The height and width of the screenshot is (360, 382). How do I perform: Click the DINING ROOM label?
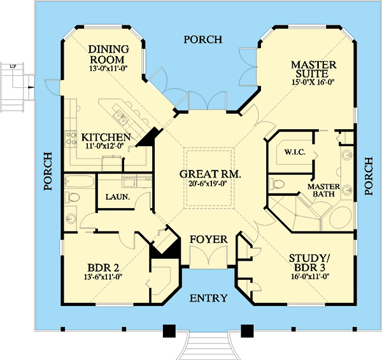tap(108, 54)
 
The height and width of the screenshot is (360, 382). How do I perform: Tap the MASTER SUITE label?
tap(313, 69)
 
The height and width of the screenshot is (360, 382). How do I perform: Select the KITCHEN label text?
tap(106, 137)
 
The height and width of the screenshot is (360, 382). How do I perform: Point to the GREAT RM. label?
tap(210, 174)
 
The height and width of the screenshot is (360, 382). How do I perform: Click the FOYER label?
tap(209, 240)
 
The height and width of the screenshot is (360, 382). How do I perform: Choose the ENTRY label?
tap(209, 298)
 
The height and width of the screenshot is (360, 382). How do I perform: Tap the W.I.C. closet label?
tap(295, 153)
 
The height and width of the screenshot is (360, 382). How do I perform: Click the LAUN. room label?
tap(118, 197)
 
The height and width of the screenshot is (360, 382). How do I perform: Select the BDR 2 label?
tap(103, 268)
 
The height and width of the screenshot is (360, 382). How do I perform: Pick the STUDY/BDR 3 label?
tap(309, 263)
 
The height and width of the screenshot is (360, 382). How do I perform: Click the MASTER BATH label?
tap(323, 190)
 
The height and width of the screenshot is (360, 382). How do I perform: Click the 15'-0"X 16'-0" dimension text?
tap(313, 82)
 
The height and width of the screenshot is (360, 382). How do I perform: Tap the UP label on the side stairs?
tap(13, 66)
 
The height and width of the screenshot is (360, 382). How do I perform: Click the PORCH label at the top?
tap(203, 39)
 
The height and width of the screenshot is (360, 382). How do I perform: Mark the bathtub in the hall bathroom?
tap(80, 181)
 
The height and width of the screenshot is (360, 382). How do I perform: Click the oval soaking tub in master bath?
tap(341, 218)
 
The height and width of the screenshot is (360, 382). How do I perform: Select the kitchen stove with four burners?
tap(71, 139)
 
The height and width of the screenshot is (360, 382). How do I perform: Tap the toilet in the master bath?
tap(277, 184)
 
